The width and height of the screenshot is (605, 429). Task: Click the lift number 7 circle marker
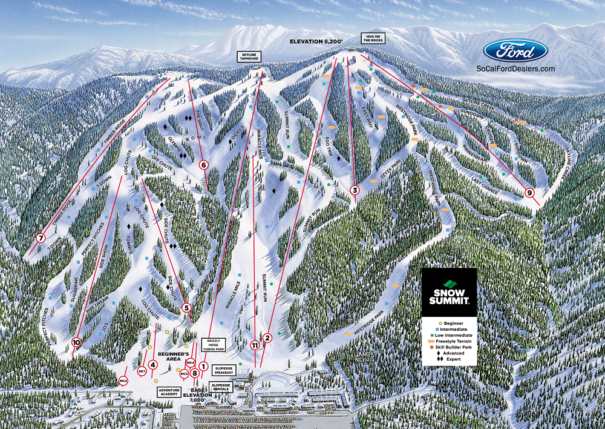[41, 238]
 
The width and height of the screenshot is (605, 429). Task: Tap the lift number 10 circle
[76, 341]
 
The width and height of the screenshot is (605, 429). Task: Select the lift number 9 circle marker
[530, 193]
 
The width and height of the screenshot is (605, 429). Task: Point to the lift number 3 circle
[355, 190]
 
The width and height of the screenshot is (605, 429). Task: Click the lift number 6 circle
[204, 164]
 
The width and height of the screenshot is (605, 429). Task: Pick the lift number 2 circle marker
[267, 337]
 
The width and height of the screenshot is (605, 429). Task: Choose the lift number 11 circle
[255, 345]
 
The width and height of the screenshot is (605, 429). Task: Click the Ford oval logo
[515, 52]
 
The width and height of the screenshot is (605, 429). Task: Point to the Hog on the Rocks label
[373, 38]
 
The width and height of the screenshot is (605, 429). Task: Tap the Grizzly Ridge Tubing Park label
[216, 345]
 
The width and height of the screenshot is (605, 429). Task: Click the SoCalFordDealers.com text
[515, 69]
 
